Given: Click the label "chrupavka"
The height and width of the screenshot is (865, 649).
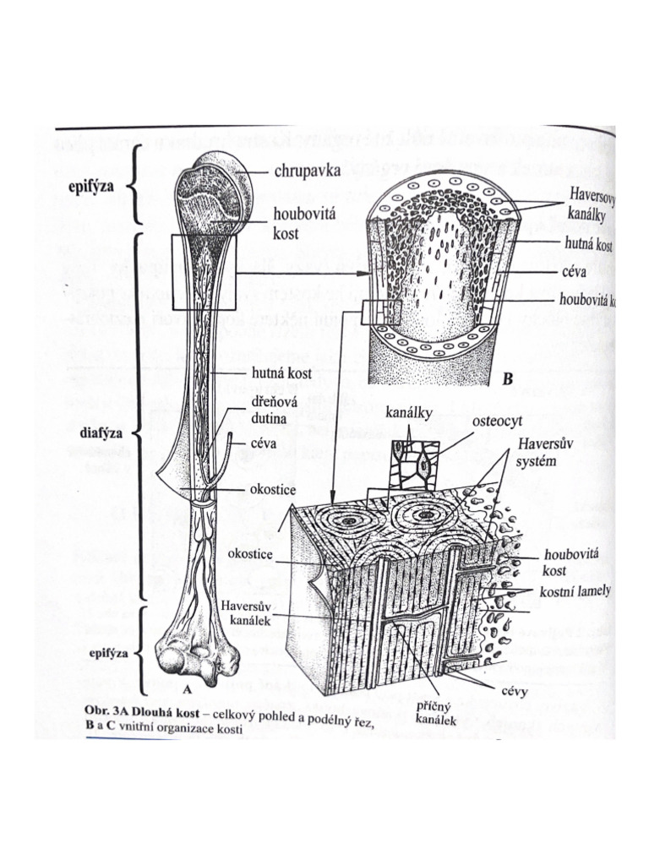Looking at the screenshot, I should pos(306,171).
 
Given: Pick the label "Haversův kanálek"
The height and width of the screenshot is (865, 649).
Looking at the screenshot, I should pos(245,613).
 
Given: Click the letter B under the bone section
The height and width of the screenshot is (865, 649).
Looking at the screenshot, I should pos(507,381).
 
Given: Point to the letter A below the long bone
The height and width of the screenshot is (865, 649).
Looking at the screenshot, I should pos(188,688).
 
